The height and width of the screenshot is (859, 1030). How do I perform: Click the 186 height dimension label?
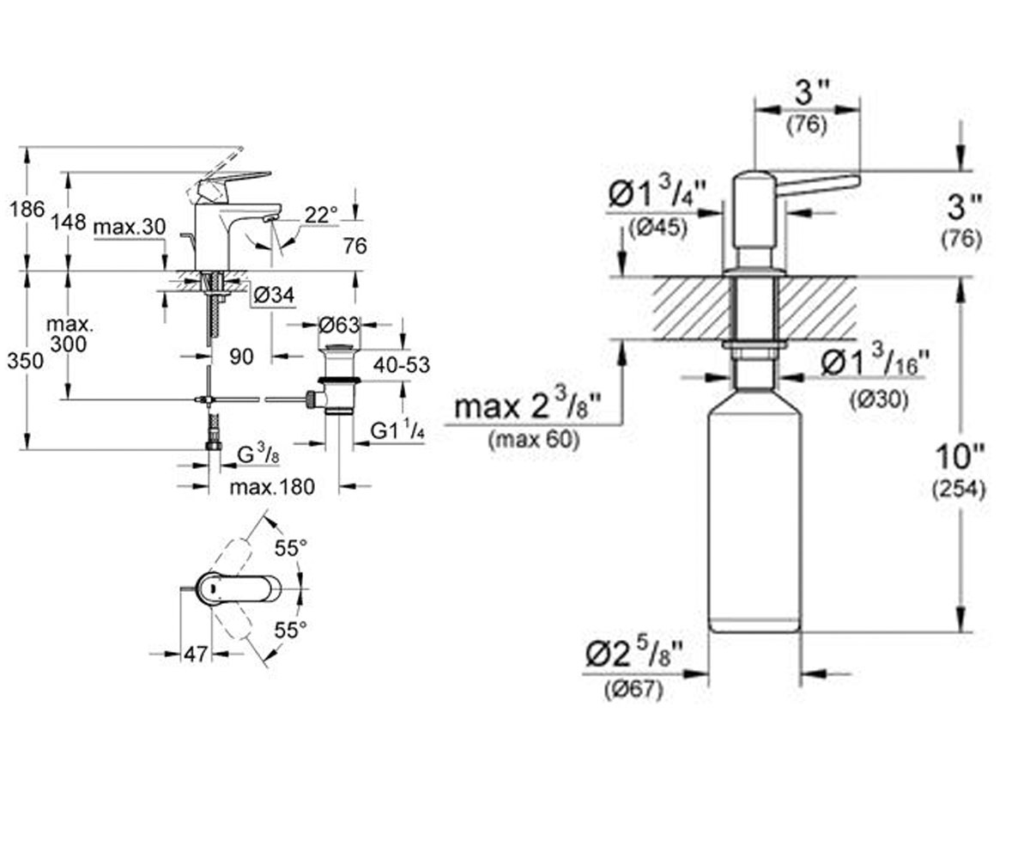[x=27, y=209]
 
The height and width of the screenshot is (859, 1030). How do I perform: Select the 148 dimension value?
[x=69, y=222]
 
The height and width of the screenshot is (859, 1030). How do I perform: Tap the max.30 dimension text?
[x=130, y=227]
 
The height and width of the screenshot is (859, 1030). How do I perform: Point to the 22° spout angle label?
[x=321, y=216]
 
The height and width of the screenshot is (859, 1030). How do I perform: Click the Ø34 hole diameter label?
[x=274, y=295]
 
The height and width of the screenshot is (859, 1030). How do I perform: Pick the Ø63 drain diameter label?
[x=339, y=325]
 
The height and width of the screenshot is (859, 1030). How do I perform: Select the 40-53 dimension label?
[x=402, y=365]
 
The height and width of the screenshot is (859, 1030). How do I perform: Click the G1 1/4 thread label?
[x=397, y=431]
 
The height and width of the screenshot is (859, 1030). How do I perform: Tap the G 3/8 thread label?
[x=258, y=454]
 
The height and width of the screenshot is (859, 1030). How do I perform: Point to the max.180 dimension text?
[x=272, y=487]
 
